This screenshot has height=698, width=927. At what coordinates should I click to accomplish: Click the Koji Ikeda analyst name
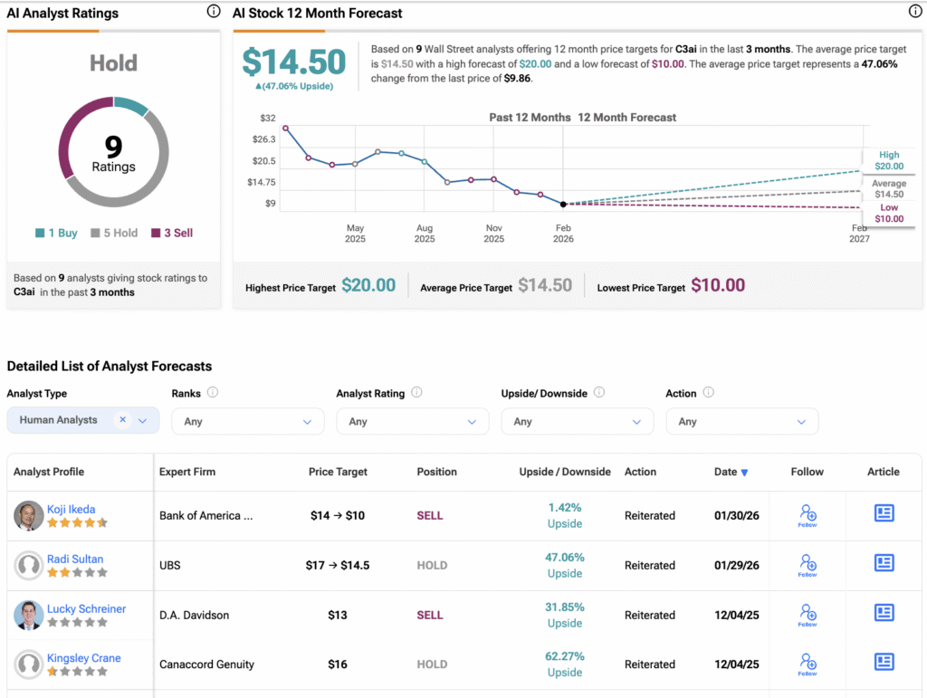point(71,509)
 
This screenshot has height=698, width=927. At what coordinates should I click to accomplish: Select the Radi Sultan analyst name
point(75,559)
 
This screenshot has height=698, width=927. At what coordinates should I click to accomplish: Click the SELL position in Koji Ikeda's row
point(430,515)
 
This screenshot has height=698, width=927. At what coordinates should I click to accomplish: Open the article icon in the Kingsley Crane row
point(884,662)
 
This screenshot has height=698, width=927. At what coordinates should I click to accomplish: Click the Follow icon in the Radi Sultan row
point(808,565)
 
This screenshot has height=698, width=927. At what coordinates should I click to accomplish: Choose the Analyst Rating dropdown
point(412,421)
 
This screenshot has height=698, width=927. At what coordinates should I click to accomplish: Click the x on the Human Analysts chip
point(122,419)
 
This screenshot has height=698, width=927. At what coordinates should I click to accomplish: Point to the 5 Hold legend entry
point(114,233)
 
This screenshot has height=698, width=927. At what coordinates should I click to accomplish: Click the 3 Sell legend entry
point(172,233)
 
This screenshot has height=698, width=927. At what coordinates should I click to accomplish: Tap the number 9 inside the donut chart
point(113,147)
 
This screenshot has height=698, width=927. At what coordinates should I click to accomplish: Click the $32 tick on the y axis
point(268,119)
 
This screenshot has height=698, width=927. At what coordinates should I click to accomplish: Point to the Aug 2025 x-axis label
point(425,234)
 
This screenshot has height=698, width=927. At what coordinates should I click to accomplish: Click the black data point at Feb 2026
point(563,204)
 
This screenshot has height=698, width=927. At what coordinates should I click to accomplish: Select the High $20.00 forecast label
point(888,160)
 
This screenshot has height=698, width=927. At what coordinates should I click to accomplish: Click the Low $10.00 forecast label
point(888,214)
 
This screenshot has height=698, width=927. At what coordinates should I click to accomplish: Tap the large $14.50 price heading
point(294,62)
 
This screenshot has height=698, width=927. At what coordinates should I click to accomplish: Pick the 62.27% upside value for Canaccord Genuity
point(564,656)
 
